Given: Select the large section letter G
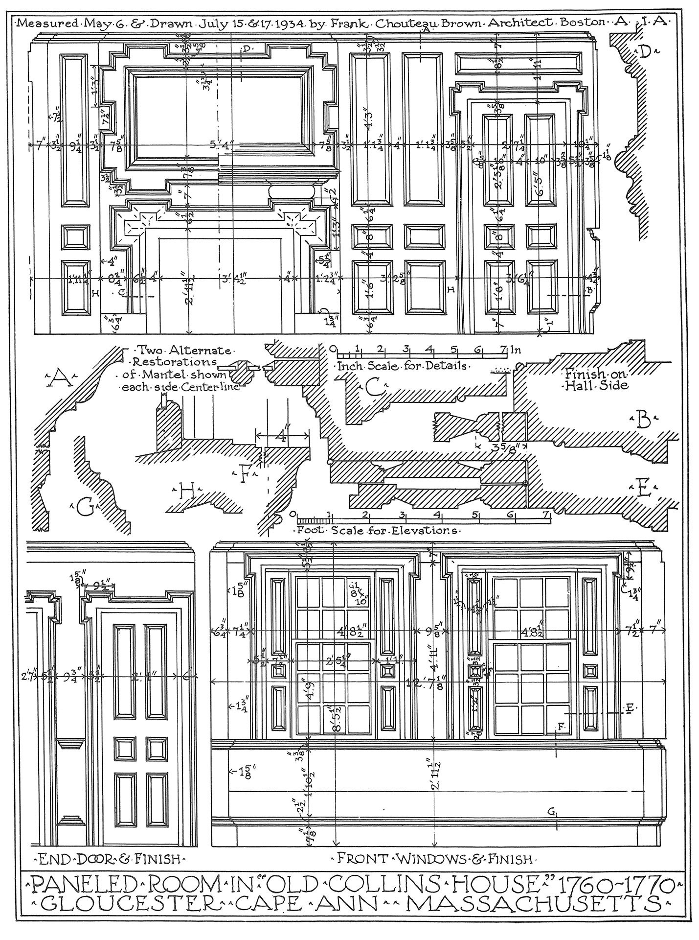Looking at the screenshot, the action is click(x=87, y=509).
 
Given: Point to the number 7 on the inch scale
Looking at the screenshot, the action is click(x=503, y=349).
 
